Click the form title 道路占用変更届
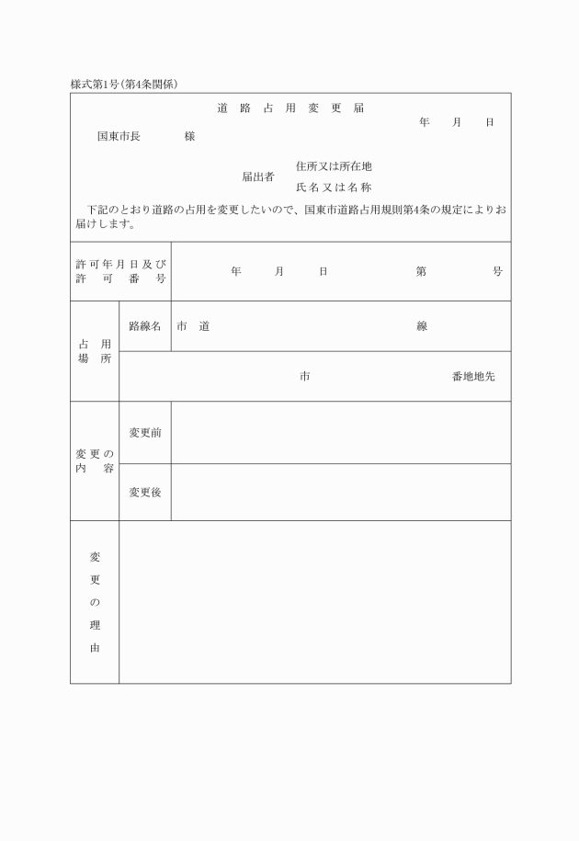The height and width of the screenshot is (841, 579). click(x=290, y=108)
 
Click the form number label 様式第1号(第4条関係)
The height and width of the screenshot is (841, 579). click(x=124, y=85)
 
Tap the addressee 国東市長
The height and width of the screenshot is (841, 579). click(x=119, y=137)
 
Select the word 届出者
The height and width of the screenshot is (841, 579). click(x=258, y=176)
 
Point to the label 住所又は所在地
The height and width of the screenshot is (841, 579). click(x=334, y=166)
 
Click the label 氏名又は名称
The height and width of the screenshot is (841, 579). click(x=334, y=187)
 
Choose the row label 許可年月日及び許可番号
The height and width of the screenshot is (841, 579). click(x=120, y=271)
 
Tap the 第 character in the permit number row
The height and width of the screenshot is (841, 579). click(x=421, y=271)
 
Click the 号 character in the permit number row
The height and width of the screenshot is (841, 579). click(x=497, y=271)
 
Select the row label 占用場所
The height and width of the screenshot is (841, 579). click(x=95, y=351)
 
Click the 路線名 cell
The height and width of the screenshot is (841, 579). click(x=145, y=326)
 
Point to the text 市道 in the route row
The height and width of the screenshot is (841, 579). click(x=193, y=326)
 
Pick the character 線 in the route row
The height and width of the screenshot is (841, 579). click(x=422, y=326)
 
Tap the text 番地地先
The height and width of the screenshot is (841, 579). click(x=472, y=377)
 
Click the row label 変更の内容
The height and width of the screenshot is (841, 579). click(x=95, y=461)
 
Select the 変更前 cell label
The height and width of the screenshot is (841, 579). click(x=145, y=433)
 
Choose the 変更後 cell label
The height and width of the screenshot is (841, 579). click(x=145, y=493)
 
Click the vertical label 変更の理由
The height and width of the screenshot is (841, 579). click(x=95, y=602)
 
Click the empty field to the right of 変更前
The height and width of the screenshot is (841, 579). click(x=341, y=433)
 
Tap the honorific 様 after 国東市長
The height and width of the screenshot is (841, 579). click(x=189, y=137)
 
